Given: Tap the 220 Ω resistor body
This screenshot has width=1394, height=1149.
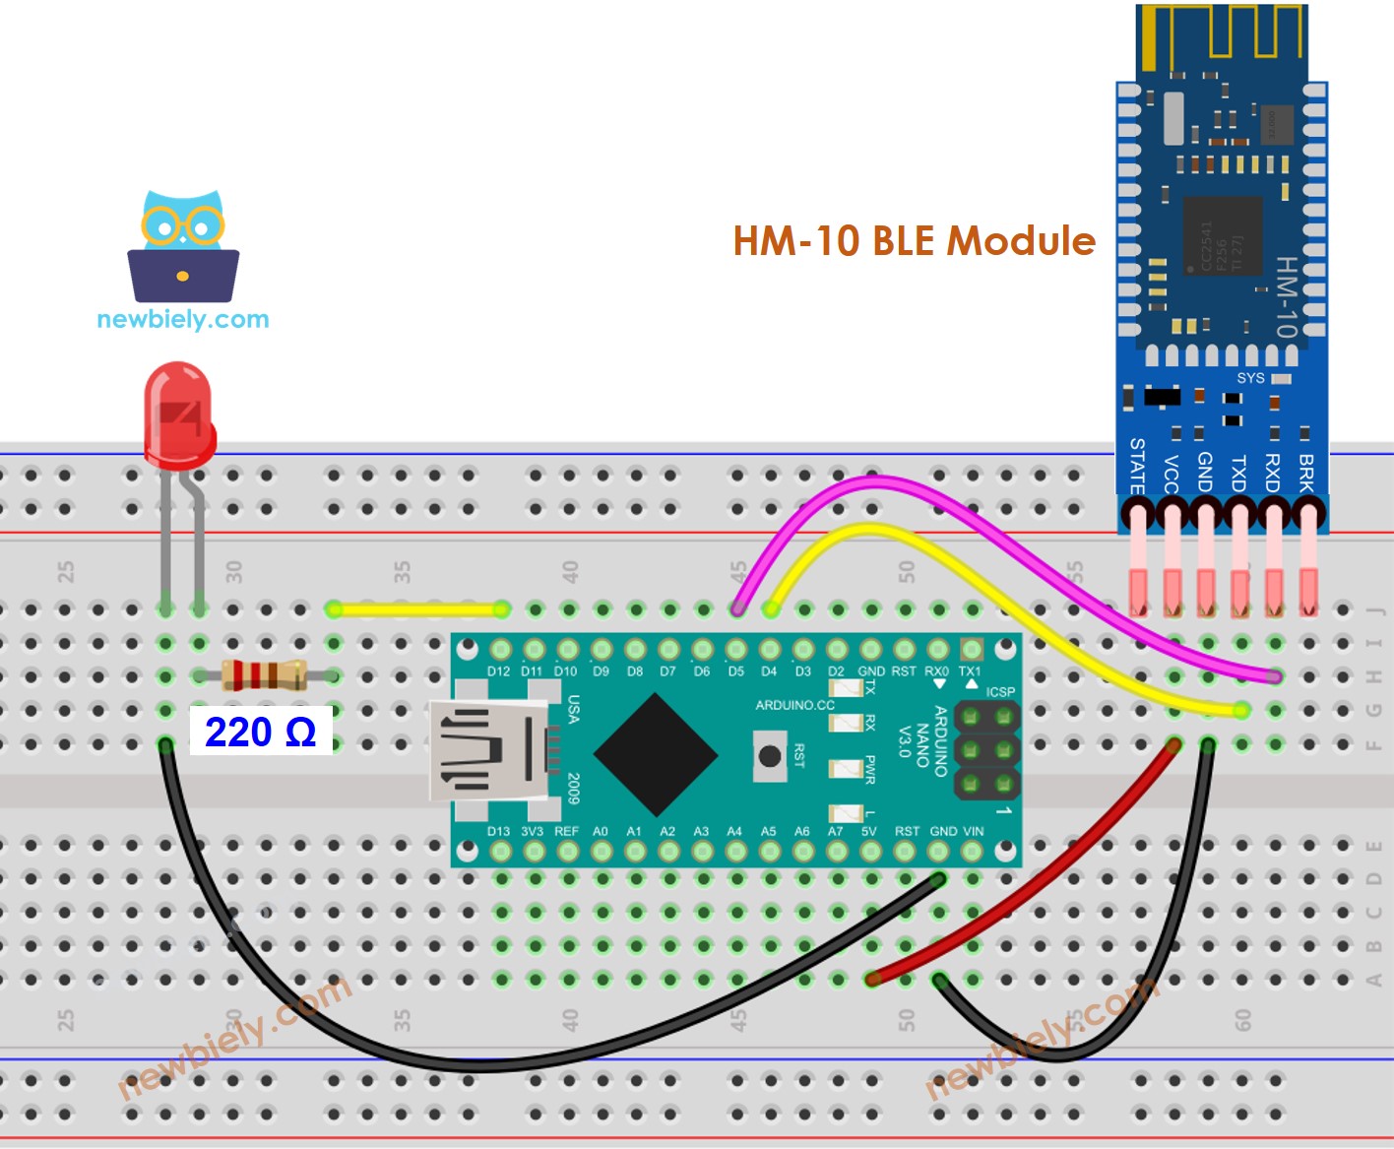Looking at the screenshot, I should pyautogui.click(x=263, y=675).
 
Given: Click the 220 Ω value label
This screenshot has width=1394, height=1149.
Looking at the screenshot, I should pyautogui.click(x=260, y=732).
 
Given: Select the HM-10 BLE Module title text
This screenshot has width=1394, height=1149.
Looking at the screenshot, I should pyautogui.click(x=914, y=241).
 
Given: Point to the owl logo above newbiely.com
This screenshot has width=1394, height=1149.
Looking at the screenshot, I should pyautogui.click(x=183, y=246).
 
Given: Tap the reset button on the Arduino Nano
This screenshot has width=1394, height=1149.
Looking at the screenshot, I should pyautogui.click(x=769, y=756).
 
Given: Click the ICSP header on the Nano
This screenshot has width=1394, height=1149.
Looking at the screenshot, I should pyautogui.click(x=986, y=750).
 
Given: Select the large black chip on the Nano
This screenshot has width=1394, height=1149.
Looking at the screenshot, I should pyautogui.click(x=655, y=755).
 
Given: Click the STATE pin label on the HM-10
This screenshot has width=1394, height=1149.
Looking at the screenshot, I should pyautogui.click(x=1137, y=466).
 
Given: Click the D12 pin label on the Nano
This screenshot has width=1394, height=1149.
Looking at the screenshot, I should pyautogui.click(x=499, y=671).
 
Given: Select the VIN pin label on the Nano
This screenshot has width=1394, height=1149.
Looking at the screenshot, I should pyautogui.click(x=973, y=831).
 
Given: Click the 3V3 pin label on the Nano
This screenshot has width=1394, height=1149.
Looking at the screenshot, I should pyautogui.click(x=532, y=831).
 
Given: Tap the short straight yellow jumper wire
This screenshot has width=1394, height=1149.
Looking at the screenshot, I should pyautogui.click(x=418, y=609).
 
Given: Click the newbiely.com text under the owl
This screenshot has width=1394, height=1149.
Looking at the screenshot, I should pyautogui.click(x=183, y=319).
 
